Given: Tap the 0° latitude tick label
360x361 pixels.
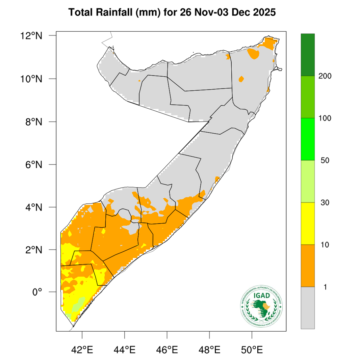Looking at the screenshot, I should [x=37, y=292].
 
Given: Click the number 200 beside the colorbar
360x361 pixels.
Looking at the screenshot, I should [x=325, y=76].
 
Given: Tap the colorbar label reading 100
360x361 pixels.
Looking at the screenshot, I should [x=325, y=118].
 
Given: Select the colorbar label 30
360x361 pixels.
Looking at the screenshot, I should [x=325, y=203].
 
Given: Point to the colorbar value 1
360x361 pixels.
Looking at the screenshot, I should [x=325, y=287].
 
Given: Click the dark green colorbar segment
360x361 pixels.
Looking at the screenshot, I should [x=308, y=55].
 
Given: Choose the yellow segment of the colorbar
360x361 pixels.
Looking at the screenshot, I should [x=308, y=223].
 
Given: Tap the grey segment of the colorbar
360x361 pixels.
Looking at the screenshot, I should [x=308, y=307].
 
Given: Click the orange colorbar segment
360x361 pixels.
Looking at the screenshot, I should [x=308, y=266].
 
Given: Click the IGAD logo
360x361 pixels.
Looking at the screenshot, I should [x=262, y=305].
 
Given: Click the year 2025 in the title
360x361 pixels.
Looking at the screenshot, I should [x=264, y=13].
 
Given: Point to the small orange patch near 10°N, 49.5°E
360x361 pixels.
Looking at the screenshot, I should [x=241, y=79].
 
